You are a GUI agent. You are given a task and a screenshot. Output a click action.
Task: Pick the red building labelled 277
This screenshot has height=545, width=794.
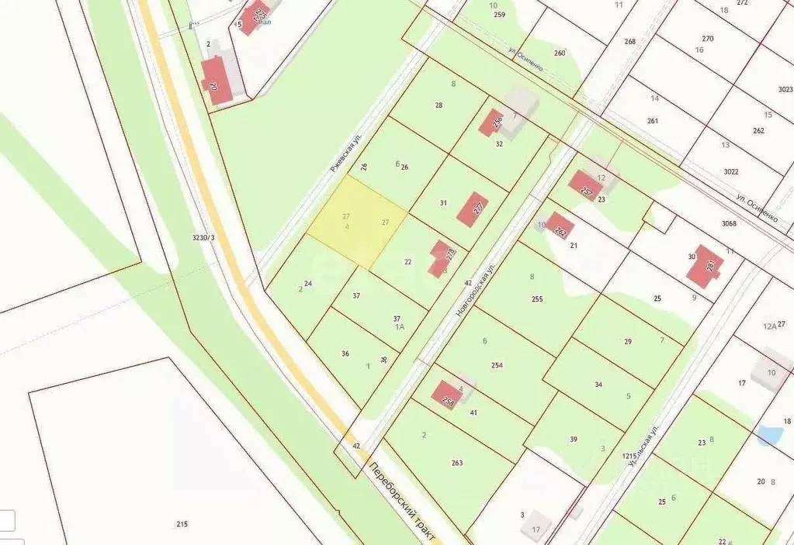click(x=473, y=209)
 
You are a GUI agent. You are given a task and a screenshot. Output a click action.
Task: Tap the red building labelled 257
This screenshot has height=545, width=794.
click(x=585, y=186)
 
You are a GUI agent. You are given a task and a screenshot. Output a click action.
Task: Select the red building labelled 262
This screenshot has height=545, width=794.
click(x=560, y=230)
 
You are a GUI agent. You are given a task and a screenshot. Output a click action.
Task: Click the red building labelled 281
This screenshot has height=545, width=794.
click(x=706, y=267)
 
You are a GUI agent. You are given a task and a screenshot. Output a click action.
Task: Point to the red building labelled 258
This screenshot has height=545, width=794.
click(x=446, y=395)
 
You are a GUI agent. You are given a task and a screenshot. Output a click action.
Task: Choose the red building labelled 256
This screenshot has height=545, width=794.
click(x=491, y=122)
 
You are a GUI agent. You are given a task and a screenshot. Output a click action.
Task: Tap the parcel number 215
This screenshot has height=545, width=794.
click(x=182, y=525)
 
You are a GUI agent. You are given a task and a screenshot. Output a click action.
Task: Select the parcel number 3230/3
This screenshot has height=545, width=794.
click(x=204, y=238)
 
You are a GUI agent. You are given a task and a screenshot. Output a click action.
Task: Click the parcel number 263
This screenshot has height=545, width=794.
click(x=456, y=463)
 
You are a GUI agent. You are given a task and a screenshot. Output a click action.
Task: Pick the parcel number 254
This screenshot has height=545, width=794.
click(x=498, y=365)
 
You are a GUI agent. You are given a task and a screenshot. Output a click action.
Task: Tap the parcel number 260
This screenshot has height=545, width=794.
click(x=560, y=53)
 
